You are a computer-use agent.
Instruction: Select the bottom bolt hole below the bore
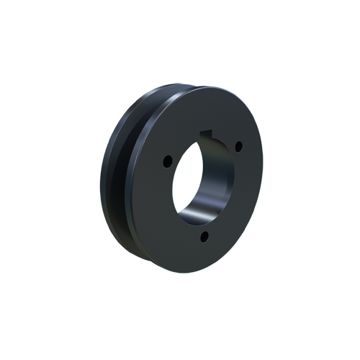tap(204, 237)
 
